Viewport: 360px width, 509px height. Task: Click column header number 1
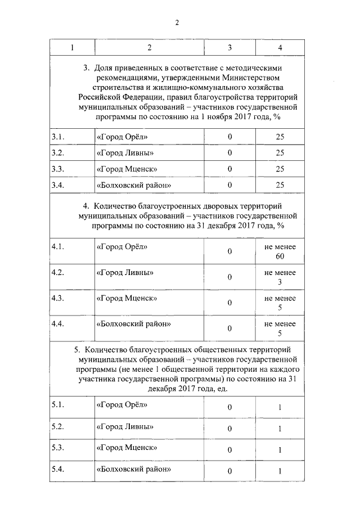click(72, 48)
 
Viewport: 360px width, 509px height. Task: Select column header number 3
click(229, 48)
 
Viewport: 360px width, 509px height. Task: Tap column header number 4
click(280, 48)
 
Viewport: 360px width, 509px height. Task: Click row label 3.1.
click(58, 137)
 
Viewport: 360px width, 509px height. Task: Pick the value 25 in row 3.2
click(280, 153)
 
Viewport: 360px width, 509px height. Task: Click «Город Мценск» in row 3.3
click(127, 169)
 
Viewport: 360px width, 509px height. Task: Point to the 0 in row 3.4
click(229, 185)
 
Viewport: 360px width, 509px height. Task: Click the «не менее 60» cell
click(280, 251)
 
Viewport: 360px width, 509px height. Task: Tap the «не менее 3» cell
click(280, 277)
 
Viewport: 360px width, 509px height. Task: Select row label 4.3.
click(58, 298)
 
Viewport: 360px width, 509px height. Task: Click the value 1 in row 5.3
click(280, 450)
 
